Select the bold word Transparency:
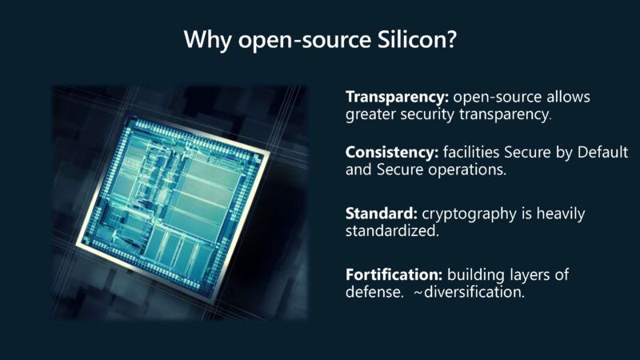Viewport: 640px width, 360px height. click(397, 97)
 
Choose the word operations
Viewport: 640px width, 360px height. click(470, 170)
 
